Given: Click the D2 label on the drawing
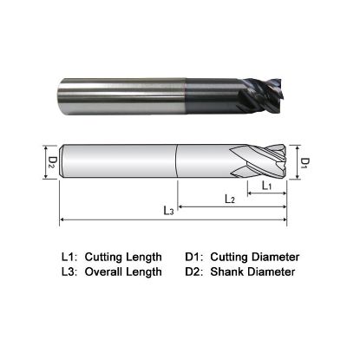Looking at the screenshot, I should pos(51,161).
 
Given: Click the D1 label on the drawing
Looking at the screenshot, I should pos(305,162).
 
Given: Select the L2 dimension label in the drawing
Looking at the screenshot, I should pos(230,199).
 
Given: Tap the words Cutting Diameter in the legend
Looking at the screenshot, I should pos(255,257).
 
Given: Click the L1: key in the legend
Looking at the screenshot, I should pos(69,257).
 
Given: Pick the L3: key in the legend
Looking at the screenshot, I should pos(69,272).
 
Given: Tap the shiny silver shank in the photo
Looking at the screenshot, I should pos(121,86).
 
